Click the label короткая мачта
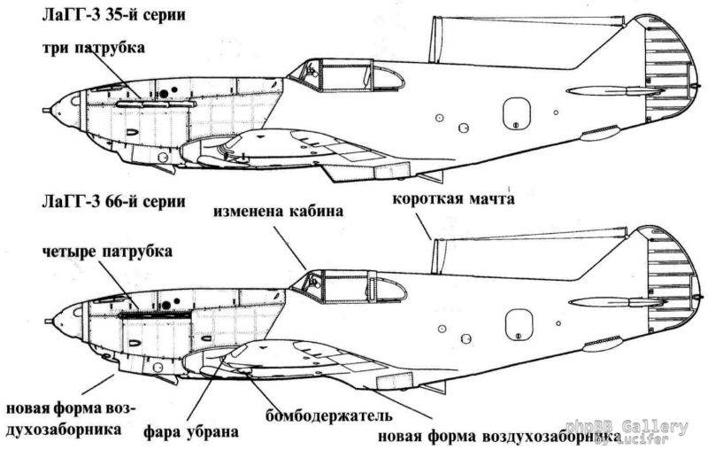[x=452, y=200]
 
